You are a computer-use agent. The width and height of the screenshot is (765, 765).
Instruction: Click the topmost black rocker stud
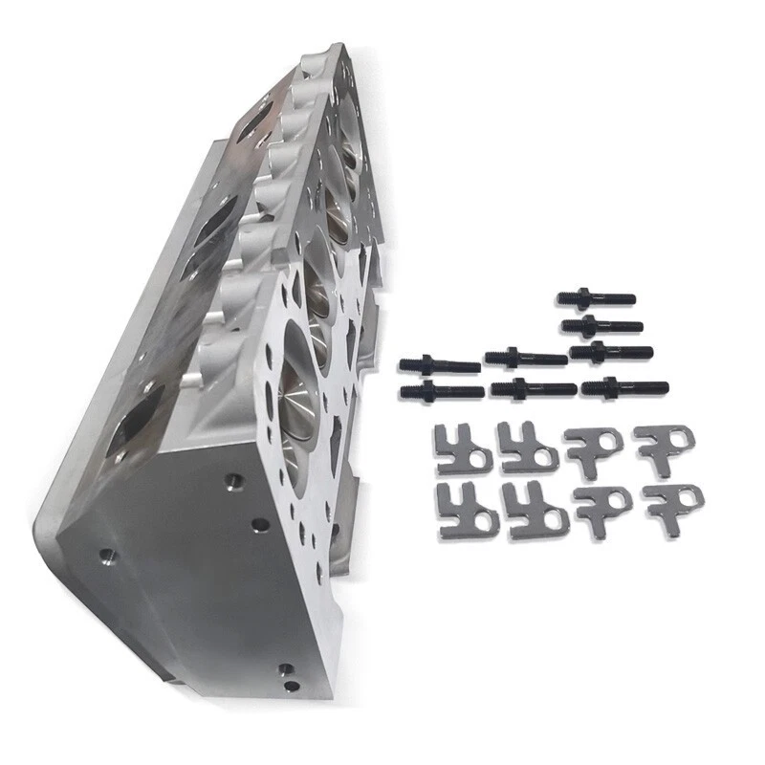click(597, 299)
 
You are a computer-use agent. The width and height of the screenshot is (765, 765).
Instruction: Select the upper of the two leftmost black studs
click(438, 364)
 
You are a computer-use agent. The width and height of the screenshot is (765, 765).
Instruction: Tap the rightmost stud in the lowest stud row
click(623, 387)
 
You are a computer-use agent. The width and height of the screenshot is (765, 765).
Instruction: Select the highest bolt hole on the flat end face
click(229, 478)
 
